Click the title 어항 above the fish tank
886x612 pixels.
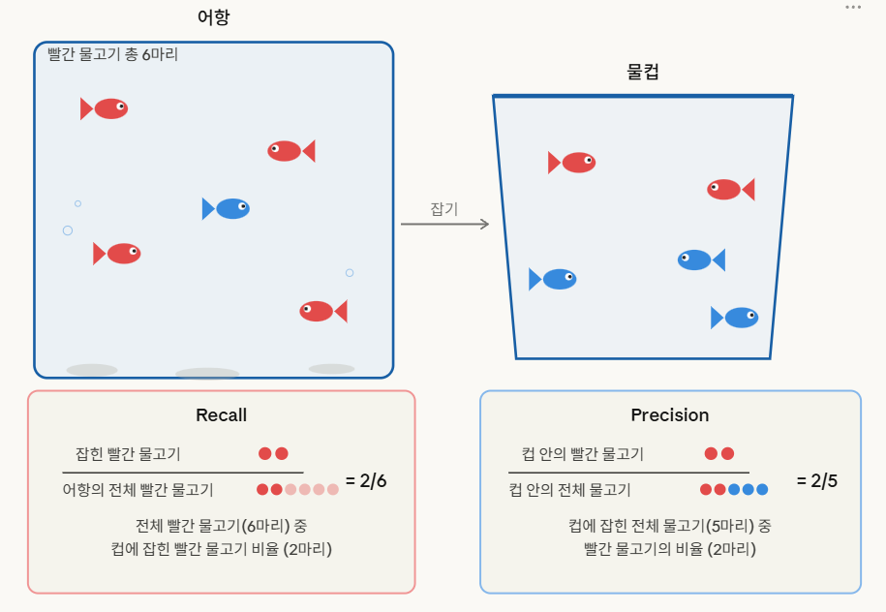tap(214, 17)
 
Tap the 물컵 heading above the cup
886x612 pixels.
tap(642, 72)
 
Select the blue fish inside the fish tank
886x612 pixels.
tap(226, 208)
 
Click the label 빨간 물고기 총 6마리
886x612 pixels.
tap(113, 54)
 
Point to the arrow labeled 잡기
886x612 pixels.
tap(444, 225)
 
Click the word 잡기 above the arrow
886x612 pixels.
tap(444, 209)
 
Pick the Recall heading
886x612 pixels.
tap(222, 414)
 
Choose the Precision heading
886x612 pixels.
tap(670, 414)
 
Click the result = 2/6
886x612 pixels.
tap(366, 481)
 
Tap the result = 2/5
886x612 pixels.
tap(817, 481)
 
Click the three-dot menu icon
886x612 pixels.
tap(853, 8)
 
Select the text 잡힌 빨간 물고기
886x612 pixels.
tap(128, 454)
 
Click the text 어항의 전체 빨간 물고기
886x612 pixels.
tap(137, 489)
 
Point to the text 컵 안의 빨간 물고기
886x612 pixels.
tap(583, 454)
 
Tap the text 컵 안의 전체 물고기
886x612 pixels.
tap(569, 489)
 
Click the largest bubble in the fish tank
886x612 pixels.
tap(68, 230)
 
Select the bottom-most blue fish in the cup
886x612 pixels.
tap(735, 318)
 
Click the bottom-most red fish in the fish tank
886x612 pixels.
tap(323, 312)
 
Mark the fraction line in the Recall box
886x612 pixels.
tap(182, 473)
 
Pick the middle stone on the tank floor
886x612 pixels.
tap(207, 374)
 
